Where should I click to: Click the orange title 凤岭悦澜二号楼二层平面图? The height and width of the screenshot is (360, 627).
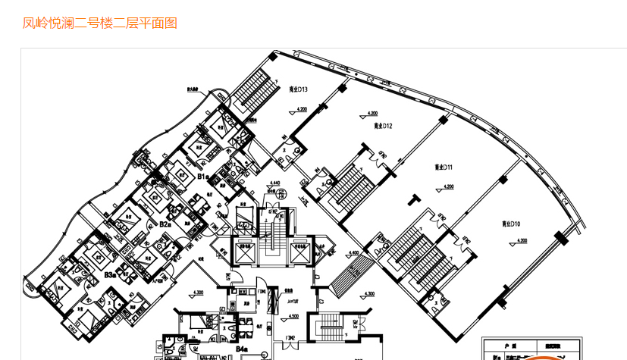pos(100,23)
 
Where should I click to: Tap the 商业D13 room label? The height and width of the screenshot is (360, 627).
pos(298,89)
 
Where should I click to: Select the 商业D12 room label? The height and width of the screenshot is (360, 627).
pos(382,125)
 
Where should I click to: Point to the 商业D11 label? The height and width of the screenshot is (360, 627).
pos(444,167)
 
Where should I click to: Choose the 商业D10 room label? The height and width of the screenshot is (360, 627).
pos(510,224)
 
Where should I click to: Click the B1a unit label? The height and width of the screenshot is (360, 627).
pos(203,177)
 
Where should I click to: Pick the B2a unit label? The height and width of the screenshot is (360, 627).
pos(165,224)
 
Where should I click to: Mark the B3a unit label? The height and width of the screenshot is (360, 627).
pos(110,274)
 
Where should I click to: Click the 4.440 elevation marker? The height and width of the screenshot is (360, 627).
pos(275,183)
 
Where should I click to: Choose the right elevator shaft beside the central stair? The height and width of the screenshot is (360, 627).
pos(300,251)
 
